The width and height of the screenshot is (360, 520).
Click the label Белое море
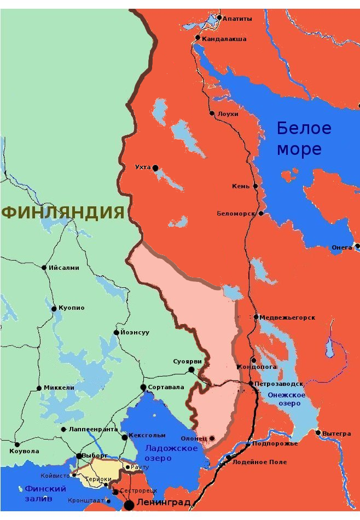(x=304, y=138)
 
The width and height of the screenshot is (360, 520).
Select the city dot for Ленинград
(x=130, y=504)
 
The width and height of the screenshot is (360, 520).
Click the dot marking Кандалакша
(x=198, y=38)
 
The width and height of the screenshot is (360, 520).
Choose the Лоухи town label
(x=228, y=114)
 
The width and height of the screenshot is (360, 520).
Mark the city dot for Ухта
(x=155, y=167)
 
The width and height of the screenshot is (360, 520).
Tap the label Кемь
(x=241, y=186)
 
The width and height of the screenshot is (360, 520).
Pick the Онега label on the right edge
(x=341, y=247)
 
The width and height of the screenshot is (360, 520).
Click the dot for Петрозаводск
(x=251, y=384)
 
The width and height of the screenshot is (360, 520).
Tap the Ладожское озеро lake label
(x=171, y=453)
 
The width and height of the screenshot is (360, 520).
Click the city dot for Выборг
(x=79, y=456)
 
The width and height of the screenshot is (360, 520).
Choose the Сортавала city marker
(x=143, y=387)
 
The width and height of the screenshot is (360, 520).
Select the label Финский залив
(x=46, y=493)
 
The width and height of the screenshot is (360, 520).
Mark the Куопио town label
(x=72, y=308)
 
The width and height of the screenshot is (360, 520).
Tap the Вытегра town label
(x=336, y=434)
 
